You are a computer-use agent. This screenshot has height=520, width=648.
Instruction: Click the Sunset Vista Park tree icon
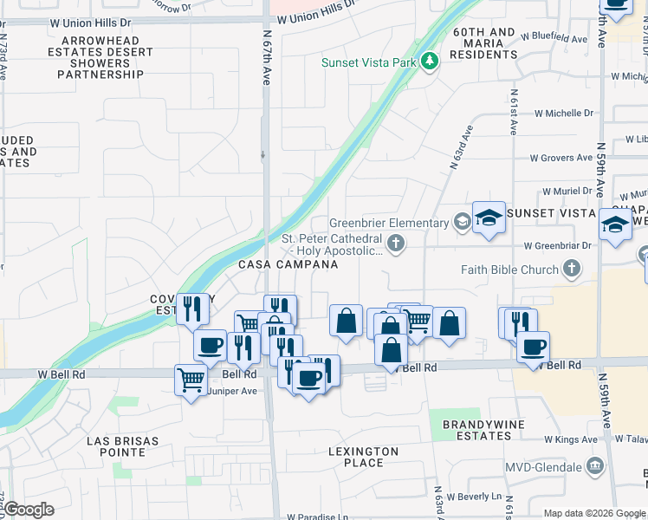[x=429, y=62]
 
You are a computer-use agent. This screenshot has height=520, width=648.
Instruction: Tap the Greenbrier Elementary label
[x=388, y=223]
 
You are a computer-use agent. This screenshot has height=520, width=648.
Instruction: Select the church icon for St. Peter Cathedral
[x=396, y=243]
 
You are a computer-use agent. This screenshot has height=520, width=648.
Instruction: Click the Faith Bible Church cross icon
[x=571, y=270]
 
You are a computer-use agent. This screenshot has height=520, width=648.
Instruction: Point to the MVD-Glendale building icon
[x=594, y=466]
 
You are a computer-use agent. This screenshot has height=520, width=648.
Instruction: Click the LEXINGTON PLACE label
[x=364, y=457]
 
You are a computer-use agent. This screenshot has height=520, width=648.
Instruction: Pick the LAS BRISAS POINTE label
[x=122, y=446]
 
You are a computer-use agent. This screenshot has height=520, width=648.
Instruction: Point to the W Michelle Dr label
[x=564, y=114]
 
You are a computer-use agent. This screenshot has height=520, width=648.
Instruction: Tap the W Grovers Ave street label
[x=564, y=159]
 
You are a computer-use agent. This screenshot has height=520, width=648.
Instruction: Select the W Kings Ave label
[x=571, y=439]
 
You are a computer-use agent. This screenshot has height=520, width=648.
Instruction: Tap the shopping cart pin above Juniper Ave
[x=190, y=379]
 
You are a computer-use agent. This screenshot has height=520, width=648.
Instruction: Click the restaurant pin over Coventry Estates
[x=192, y=309]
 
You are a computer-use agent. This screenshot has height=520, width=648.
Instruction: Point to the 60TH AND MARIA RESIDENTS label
[x=484, y=43]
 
